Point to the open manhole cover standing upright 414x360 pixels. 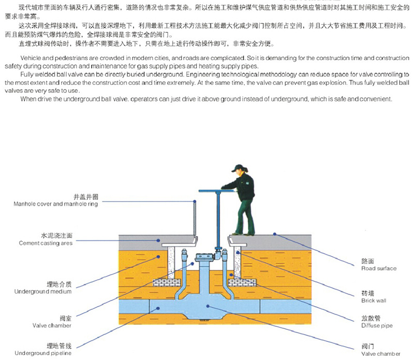click(195, 218)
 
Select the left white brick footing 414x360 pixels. click(168, 282)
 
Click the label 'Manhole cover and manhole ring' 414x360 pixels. click(56, 204)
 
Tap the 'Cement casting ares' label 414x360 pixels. click(46, 243)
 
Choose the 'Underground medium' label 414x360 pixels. click(45, 292)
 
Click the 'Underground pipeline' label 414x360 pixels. click(43, 353)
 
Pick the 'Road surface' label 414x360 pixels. click(379, 268)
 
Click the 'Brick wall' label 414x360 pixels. click(374, 300)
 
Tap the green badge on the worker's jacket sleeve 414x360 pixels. click(250, 181)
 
